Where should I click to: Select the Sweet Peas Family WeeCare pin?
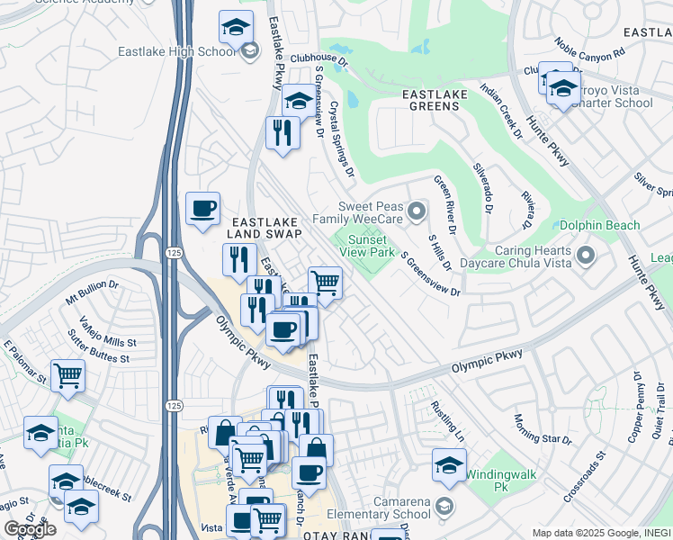click(416, 212)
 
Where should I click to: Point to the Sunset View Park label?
click(367, 247)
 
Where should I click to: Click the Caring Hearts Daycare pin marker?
click(586, 256)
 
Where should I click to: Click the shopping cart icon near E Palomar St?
click(68, 376)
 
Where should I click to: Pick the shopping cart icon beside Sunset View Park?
click(325, 283)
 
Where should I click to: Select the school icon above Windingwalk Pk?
click(449, 464)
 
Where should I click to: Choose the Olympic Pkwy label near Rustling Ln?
click(486, 360)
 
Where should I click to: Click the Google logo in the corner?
click(30, 529)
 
